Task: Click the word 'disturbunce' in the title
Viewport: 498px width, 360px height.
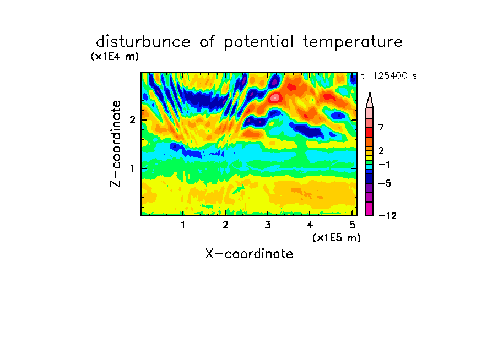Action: click(x=143, y=42)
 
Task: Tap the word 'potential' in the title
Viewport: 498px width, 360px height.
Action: click(x=259, y=42)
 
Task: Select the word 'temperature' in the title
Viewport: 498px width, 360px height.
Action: click(x=353, y=42)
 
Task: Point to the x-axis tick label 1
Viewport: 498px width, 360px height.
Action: click(x=183, y=225)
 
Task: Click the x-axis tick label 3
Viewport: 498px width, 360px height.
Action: click(x=268, y=225)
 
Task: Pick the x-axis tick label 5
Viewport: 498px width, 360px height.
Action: click(x=352, y=225)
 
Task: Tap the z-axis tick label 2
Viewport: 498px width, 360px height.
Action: click(x=132, y=120)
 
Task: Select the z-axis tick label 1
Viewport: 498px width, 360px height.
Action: click(x=132, y=168)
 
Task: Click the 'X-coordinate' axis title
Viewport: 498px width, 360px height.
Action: click(x=249, y=254)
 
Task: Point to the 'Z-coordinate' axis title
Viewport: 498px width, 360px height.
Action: click(x=115, y=144)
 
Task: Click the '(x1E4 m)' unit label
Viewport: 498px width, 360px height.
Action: click(x=115, y=57)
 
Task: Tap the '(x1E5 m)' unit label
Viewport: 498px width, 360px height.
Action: click(x=337, y=237)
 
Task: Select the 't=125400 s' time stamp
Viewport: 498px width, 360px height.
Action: click(x=389, y=75)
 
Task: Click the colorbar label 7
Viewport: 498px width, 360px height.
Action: click(x=381, y=127)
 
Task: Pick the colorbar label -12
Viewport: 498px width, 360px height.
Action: click(x=387, y=216)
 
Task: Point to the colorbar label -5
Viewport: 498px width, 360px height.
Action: click(x=385, y=183)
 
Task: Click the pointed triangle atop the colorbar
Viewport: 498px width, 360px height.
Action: click(x=370, y=101)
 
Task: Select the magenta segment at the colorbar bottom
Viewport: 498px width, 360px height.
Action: click(x=370, y=209)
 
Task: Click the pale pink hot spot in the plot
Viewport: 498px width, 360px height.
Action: click(x=275, y=97)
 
